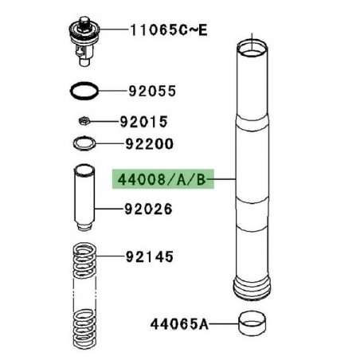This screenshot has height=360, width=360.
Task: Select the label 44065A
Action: coord(179,324)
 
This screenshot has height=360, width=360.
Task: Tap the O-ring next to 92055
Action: coord(84,91)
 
